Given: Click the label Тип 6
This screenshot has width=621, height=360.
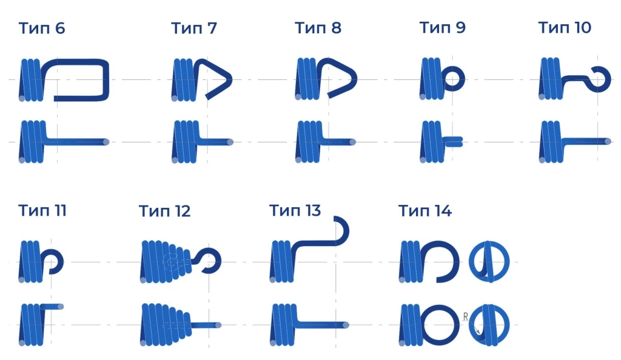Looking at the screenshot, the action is coord(42,28).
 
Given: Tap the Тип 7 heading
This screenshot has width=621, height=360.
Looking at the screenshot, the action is coord(193,28).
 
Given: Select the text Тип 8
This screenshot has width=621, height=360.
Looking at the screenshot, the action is coord(318,28).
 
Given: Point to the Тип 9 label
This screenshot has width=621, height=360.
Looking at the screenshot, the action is coord(442,28).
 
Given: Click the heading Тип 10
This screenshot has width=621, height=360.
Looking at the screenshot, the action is coord(565,28).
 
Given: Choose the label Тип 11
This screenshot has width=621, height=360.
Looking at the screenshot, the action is coord(42,210).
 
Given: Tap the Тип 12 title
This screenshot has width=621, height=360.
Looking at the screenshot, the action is coord(165,212).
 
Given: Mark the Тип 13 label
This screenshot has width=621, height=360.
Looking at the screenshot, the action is coord(295,210).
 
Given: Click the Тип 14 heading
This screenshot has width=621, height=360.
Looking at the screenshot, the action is coord(425,211).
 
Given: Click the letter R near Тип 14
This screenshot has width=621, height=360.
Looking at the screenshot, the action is coord(465,316).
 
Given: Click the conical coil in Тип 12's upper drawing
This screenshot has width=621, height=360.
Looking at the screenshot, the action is coord(166,261).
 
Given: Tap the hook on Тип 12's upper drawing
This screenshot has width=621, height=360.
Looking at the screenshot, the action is coord(218,261).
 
